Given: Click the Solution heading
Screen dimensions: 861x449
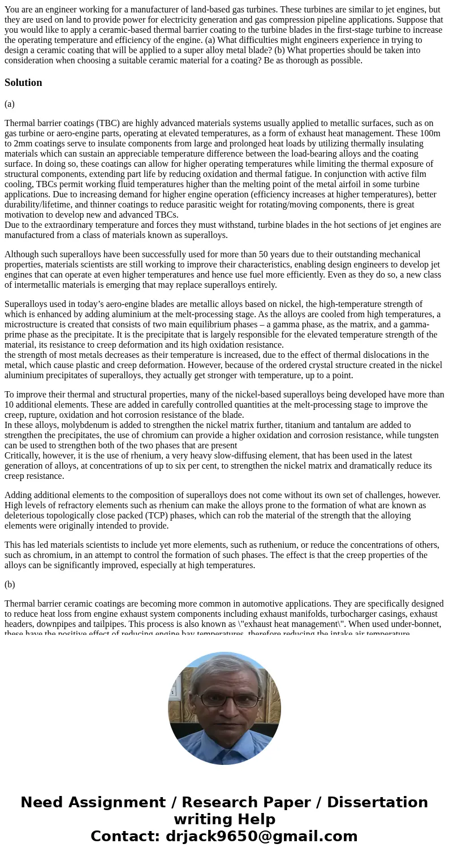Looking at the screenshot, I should tap(23, 83).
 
